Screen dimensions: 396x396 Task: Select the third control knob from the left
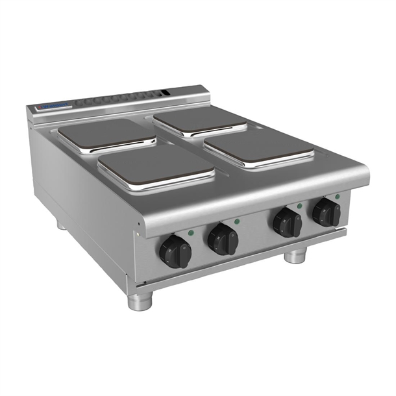(x=286, y=223)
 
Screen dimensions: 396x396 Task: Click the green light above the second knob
(x=237, y=221)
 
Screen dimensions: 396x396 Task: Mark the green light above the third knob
(x=299, y=206)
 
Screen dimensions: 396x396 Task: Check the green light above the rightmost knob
(x=338, y=195)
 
